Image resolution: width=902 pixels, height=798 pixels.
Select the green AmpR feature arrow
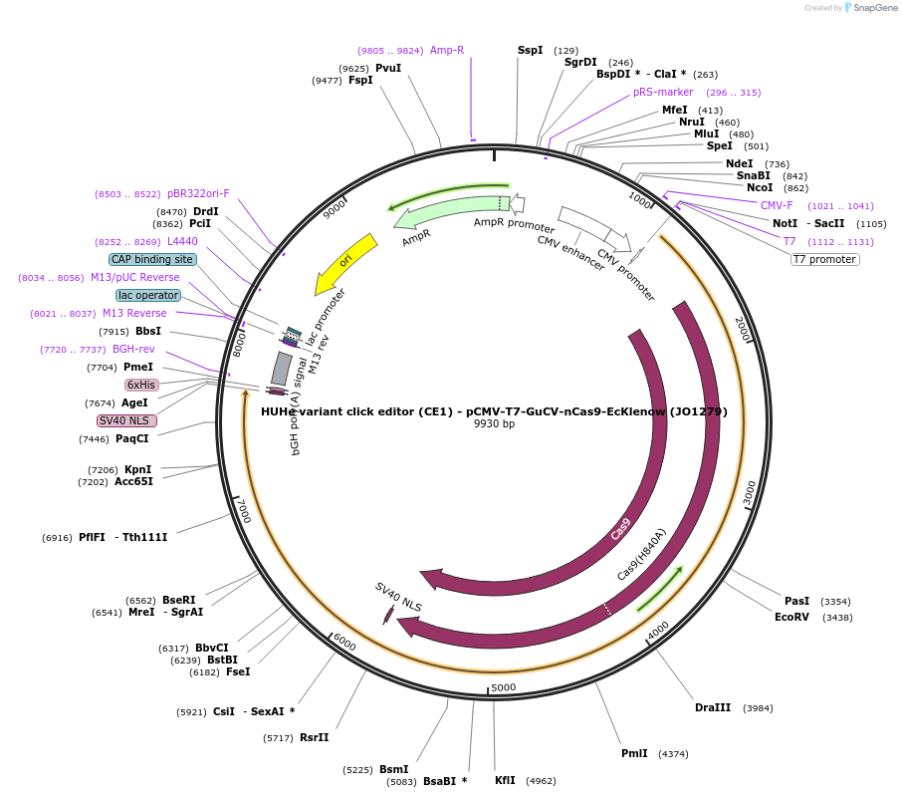pyautogui.click(x=448, y=210)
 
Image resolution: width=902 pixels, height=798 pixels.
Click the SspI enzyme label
pyautogui.click(x=531, y=50)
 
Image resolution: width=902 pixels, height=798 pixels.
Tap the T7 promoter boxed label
pyautogui.click(x=824, y=259)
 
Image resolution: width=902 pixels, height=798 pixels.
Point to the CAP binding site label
pyautogui.click(x=152, y=259)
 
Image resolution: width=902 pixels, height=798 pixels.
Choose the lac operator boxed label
pyautogui.click(x=148, y=295)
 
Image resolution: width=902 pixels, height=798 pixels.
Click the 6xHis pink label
pyautogui.click(x=140, y=385)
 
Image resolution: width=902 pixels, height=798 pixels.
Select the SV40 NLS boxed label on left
pyautogui.click(x=126, y=420)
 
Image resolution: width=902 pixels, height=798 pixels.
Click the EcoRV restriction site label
pyautogui.click(x=792, y=617)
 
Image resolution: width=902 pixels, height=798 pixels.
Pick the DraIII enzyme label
pyautogui.click(x=713, y=707)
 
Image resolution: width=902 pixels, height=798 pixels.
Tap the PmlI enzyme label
pyautogui.click(x=634, y=753)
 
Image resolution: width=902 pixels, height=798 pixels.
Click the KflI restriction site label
pyautogui.click(x=505, y=780)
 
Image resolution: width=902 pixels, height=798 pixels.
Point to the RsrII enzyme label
pyautogui.click(x=314, y=737)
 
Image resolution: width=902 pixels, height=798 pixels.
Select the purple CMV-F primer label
pyautogui.click(x=777, y=205)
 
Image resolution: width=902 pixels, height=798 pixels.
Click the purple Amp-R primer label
pyautogui.click(x=447, y=50)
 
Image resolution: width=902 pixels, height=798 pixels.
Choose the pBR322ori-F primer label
pyautogui.click(x=198, y=193)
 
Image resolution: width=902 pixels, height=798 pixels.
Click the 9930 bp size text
pyautogui.click(x=494, y=424)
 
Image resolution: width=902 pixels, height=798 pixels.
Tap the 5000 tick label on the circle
pyautogui.click(x=504, y=687)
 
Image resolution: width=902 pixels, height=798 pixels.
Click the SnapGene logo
pyautogui.click(x=870, y=8)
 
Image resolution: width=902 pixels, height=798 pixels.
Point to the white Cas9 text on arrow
pyautogui.click(x=620, y=528)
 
